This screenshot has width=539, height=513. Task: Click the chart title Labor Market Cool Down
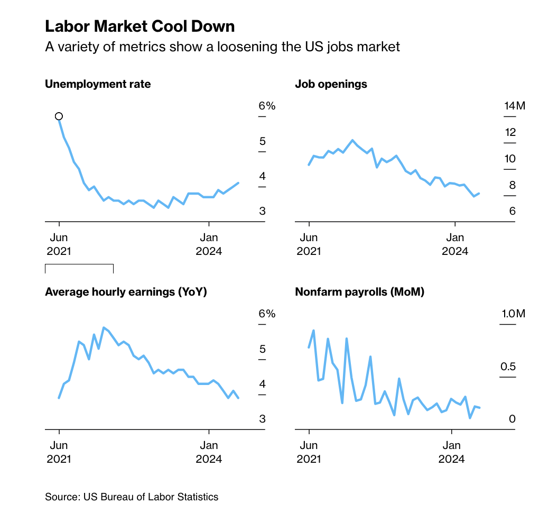pos(140,26)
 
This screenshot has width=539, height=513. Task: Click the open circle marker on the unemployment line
pos(59,116)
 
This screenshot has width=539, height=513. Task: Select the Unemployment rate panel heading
pos(98,84)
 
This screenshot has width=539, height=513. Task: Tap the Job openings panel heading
pos(331,84)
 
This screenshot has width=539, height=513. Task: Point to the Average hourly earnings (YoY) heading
pos(126,292)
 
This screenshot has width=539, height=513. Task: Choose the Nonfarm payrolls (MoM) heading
pos(359,292)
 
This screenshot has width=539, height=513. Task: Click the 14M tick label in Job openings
pos(514,106)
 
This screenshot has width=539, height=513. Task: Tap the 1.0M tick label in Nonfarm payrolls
pos(513,314)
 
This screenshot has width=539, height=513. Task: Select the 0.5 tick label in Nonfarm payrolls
pos(508,367)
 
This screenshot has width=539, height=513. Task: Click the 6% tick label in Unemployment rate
pos(267,106)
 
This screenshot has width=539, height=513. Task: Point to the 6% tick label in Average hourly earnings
pos(267,314)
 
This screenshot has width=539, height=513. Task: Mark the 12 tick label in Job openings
pos(510,132)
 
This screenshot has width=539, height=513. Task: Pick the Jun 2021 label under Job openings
pos(308,244)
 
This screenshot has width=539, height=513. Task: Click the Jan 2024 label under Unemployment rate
pos(209,244)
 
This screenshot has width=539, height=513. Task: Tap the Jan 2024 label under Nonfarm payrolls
pos(451,452)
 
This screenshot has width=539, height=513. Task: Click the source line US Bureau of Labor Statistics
pos(132,497)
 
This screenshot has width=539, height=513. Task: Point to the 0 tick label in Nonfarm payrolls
pos(512,419)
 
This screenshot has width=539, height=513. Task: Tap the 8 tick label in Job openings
pos(512,185)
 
